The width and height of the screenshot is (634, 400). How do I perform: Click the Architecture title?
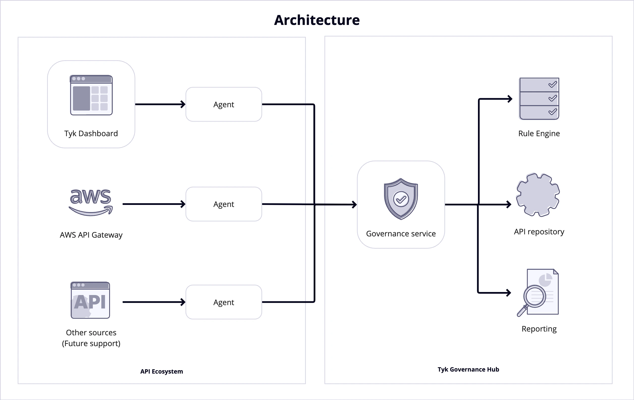tap(317, 20)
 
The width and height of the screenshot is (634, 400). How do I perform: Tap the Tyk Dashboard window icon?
tap(91, 95)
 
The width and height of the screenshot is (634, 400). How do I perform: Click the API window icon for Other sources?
tap(90, 300)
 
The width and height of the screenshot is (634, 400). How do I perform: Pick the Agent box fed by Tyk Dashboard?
tap(224, 104)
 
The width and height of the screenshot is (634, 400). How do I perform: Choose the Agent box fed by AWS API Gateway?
tap(224, 204)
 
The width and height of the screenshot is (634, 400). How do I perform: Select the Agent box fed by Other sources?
tap(224, 302)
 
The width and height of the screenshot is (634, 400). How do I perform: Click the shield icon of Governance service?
tap(401, 199)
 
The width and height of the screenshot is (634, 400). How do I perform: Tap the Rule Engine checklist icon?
tap(539, 99)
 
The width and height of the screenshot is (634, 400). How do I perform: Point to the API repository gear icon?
tap(538, 195)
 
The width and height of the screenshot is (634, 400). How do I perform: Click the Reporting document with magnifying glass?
tap(538, 293)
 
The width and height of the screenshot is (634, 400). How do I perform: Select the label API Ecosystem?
tap(161, 371)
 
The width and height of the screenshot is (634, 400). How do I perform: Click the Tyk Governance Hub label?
tap(468, 370)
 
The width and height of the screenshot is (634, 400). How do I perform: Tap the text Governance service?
tap(401, 234)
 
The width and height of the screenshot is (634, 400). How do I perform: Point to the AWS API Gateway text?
tap(91, 235)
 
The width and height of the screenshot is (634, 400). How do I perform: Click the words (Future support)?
tap(91, 343)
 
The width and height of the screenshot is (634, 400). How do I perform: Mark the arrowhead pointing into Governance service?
tap(355, 204)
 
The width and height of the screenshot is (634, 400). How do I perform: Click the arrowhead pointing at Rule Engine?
tap(510, 99)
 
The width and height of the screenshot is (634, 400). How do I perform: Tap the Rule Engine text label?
tap(539, 134)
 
